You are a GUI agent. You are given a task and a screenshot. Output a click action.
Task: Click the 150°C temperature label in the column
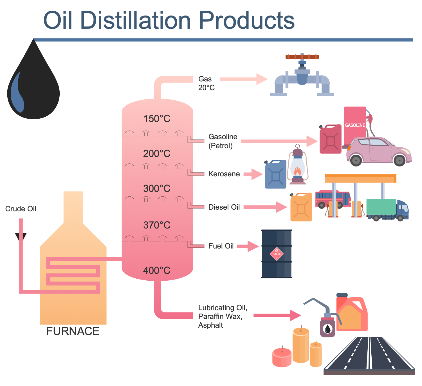157,119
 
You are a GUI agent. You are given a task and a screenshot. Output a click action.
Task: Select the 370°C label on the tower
157,225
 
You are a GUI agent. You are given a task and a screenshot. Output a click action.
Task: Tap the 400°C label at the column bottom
157,271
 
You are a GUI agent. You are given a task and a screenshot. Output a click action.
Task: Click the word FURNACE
73,331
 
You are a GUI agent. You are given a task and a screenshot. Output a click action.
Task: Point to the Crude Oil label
21,209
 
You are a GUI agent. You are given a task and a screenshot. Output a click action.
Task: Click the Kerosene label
224,174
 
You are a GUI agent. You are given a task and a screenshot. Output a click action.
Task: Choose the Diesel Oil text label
224,207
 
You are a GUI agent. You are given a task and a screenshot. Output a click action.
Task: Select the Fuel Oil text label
221,246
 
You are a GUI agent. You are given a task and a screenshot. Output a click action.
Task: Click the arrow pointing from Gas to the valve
243,79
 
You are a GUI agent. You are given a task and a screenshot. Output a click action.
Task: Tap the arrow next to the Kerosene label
253,174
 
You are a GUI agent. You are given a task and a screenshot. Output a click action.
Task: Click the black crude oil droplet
33,87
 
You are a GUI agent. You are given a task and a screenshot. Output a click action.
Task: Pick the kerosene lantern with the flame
298,166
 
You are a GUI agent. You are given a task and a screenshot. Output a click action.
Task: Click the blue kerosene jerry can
275,175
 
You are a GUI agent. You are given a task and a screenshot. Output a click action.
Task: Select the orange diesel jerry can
301,207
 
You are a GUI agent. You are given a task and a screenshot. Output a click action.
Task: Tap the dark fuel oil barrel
277,254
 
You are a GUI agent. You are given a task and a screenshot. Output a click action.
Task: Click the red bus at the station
333,199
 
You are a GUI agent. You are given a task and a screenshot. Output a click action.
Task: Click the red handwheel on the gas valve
302,57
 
